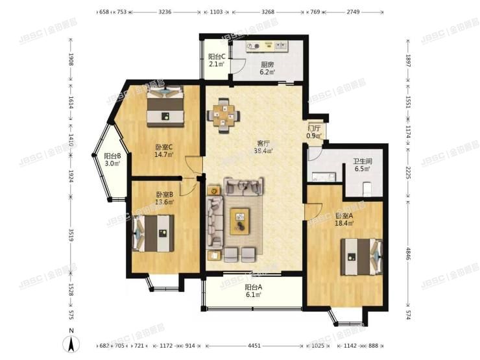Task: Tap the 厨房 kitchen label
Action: click(267, 64)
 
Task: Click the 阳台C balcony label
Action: click(217, 56)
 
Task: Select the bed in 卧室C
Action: click(165, 106)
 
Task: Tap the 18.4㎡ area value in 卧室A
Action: click(344, 224)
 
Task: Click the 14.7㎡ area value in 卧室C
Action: click(162, 155)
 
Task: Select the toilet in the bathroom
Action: click(367, 188)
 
